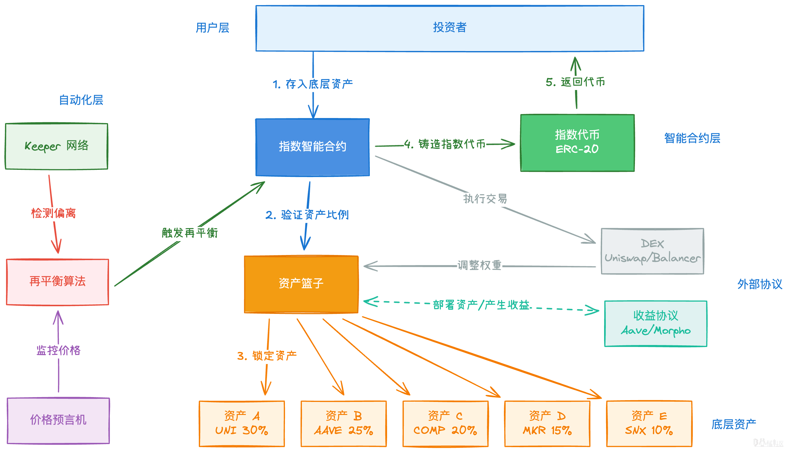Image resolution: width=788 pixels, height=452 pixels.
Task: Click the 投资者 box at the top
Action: click(449, 28)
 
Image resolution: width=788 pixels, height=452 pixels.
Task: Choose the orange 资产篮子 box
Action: click(301, 284)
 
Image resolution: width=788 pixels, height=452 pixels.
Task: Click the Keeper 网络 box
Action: click(57, 146)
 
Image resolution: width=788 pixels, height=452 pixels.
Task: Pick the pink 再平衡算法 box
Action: click(57, 282)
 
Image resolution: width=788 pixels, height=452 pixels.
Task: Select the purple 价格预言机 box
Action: click(58, 420)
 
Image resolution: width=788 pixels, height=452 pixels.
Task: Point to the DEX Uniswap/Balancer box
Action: click(652, 251)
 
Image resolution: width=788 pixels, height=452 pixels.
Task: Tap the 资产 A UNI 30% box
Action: click(241, 423)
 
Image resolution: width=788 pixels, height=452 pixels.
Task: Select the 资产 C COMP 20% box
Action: click(445, 423)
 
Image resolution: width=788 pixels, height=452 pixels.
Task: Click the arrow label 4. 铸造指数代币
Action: click(445, 144)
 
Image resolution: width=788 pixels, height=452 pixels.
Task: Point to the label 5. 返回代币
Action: click(575, 82)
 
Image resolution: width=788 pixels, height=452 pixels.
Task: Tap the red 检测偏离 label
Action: click(53, 213)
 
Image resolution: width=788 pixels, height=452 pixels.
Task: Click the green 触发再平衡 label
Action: click(190, 233)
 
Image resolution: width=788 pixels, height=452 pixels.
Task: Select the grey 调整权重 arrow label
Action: click(479, 265)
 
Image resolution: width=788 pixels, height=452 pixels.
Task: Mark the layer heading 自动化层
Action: click(81, 100)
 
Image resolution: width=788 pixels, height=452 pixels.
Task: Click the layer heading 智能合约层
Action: click(692, 138)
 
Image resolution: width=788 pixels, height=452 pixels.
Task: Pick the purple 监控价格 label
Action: click(58, 350)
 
